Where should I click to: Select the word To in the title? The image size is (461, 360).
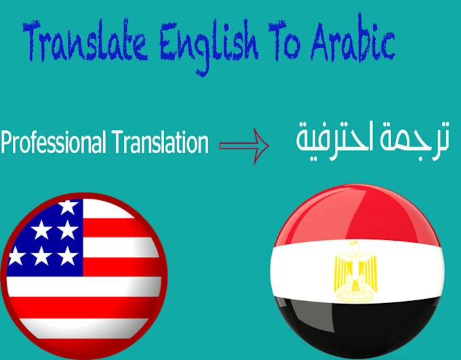[x=287, y=43]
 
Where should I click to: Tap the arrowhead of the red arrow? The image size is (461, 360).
[x=262, y=144]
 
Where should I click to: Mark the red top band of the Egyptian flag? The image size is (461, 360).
[x=353, y=217]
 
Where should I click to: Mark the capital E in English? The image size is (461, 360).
[x=167, y=45]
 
